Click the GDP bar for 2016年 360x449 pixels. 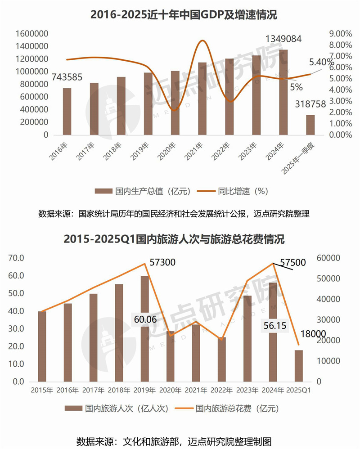(67, 112)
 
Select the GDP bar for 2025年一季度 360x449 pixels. (310, 125)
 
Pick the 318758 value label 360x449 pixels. (310, 104)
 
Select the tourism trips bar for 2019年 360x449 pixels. (145, 328)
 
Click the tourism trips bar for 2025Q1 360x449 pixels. (299, 365)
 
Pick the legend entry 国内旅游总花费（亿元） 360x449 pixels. (237, 409)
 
